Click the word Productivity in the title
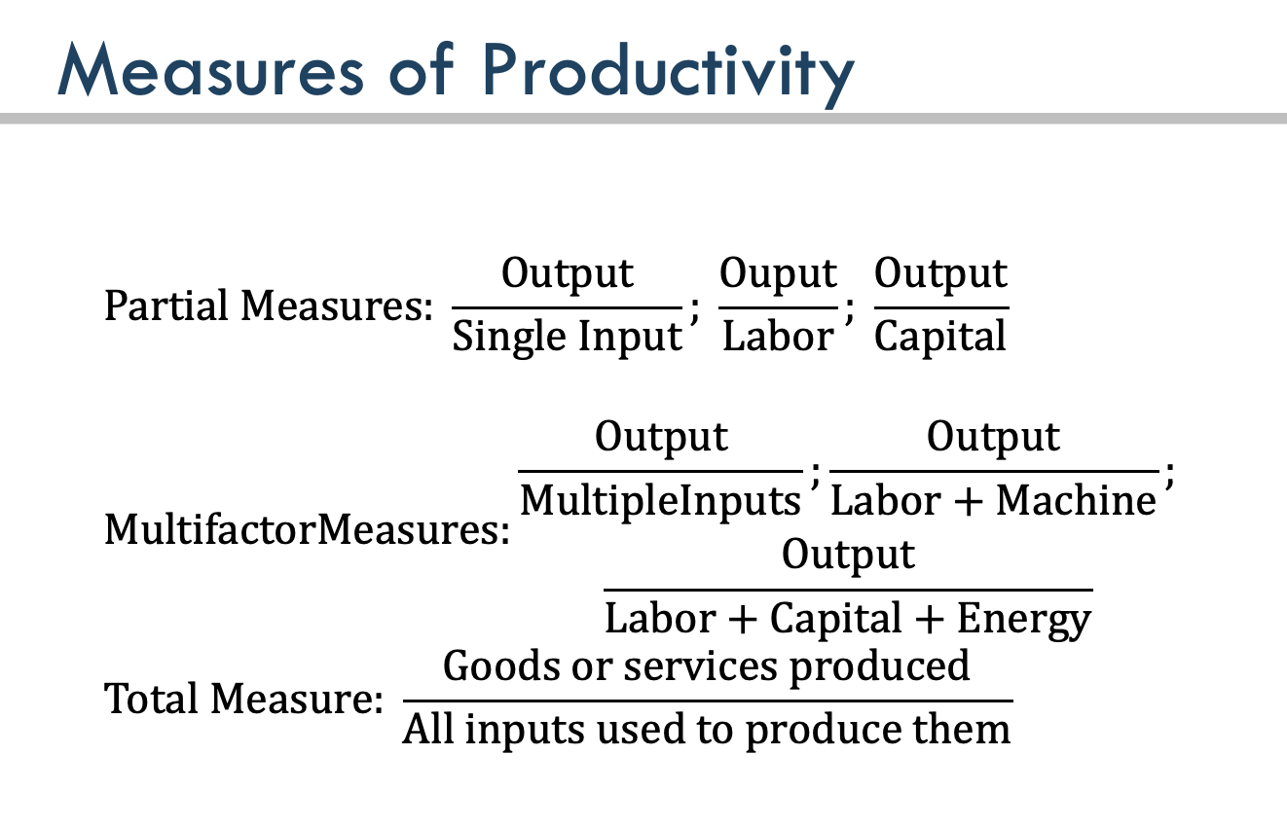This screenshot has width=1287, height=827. pyautogui.click(x=668, y=72)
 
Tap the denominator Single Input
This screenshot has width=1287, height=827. pyautogui.click(x=567, y=337)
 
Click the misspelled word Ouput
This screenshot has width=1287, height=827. pyautogui.click(x=778, y=273)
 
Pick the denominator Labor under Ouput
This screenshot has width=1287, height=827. pyautogui.click(x=778, y=337)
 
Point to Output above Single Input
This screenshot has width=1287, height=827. pyautogui.click(x=567, y=273)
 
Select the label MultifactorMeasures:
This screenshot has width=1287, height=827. pyautogui.click(x=307, y=530)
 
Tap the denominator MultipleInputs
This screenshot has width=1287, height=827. pyautogui.click(x=660, y=500)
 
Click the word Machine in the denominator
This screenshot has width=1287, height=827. pyautogui.click(x=1076, y=500)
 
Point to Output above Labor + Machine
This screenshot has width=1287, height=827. pyautogui.click(x=993, y=437)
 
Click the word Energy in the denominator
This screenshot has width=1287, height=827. pyautogui.click(x=1024, y=619)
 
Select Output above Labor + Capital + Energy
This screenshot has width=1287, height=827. pyautogui.click(x=848, y=556)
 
